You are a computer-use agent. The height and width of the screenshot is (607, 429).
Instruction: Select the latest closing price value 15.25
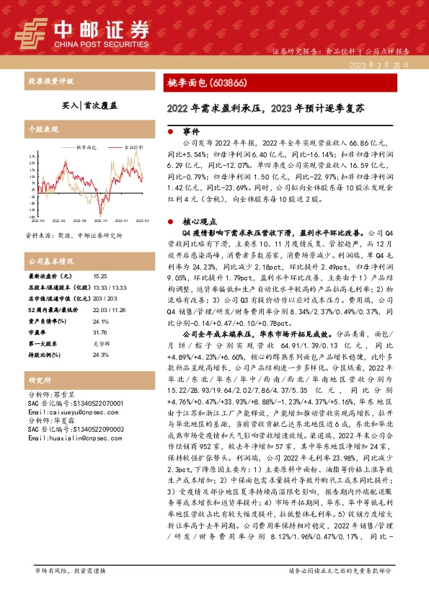(99, 275)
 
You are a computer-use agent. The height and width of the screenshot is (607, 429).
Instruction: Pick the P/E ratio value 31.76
(99, 334)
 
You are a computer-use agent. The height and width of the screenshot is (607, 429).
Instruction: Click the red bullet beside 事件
(169, 133)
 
